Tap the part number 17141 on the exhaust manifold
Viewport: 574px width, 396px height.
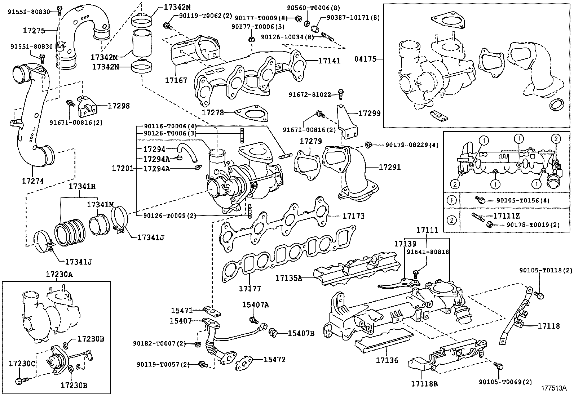(329, 61)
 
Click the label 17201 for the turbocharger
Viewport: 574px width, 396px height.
(122, 168)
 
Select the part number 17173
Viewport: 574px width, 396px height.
(353, 216)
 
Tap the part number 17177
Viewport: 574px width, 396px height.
(250, 289)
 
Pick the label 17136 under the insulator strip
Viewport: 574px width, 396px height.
(387, 360)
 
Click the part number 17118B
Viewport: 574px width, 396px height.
(424, 384)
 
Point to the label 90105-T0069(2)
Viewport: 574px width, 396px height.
(500, 382)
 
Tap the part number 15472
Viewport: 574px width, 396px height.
(274, 359)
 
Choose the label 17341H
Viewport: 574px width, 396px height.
(82, 187)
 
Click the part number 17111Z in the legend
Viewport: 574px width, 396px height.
(506, 216)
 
